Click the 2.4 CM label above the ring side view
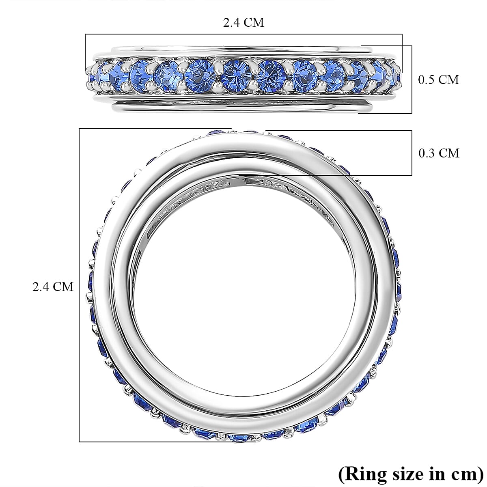pyautogui.click(x=243, y=22)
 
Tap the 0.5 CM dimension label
pyautogui.click(x=438, y=80)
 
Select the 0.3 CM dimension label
pyautogui.click(x=438, y=153)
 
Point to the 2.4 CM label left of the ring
pyautogui.click(x=53, y=287)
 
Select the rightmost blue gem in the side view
pyautogui.click(x=396, y=76)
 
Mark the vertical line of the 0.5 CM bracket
pyautogui.click(x=412, y=80)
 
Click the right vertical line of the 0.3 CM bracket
pyautogui.click(x=412, y=153)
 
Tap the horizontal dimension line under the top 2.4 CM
pyautogui.click(x=243, y=34)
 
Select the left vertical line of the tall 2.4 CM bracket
pyautogui.click(x=79, y=284)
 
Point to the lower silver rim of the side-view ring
pyautogui.click(x=243, y=107)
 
